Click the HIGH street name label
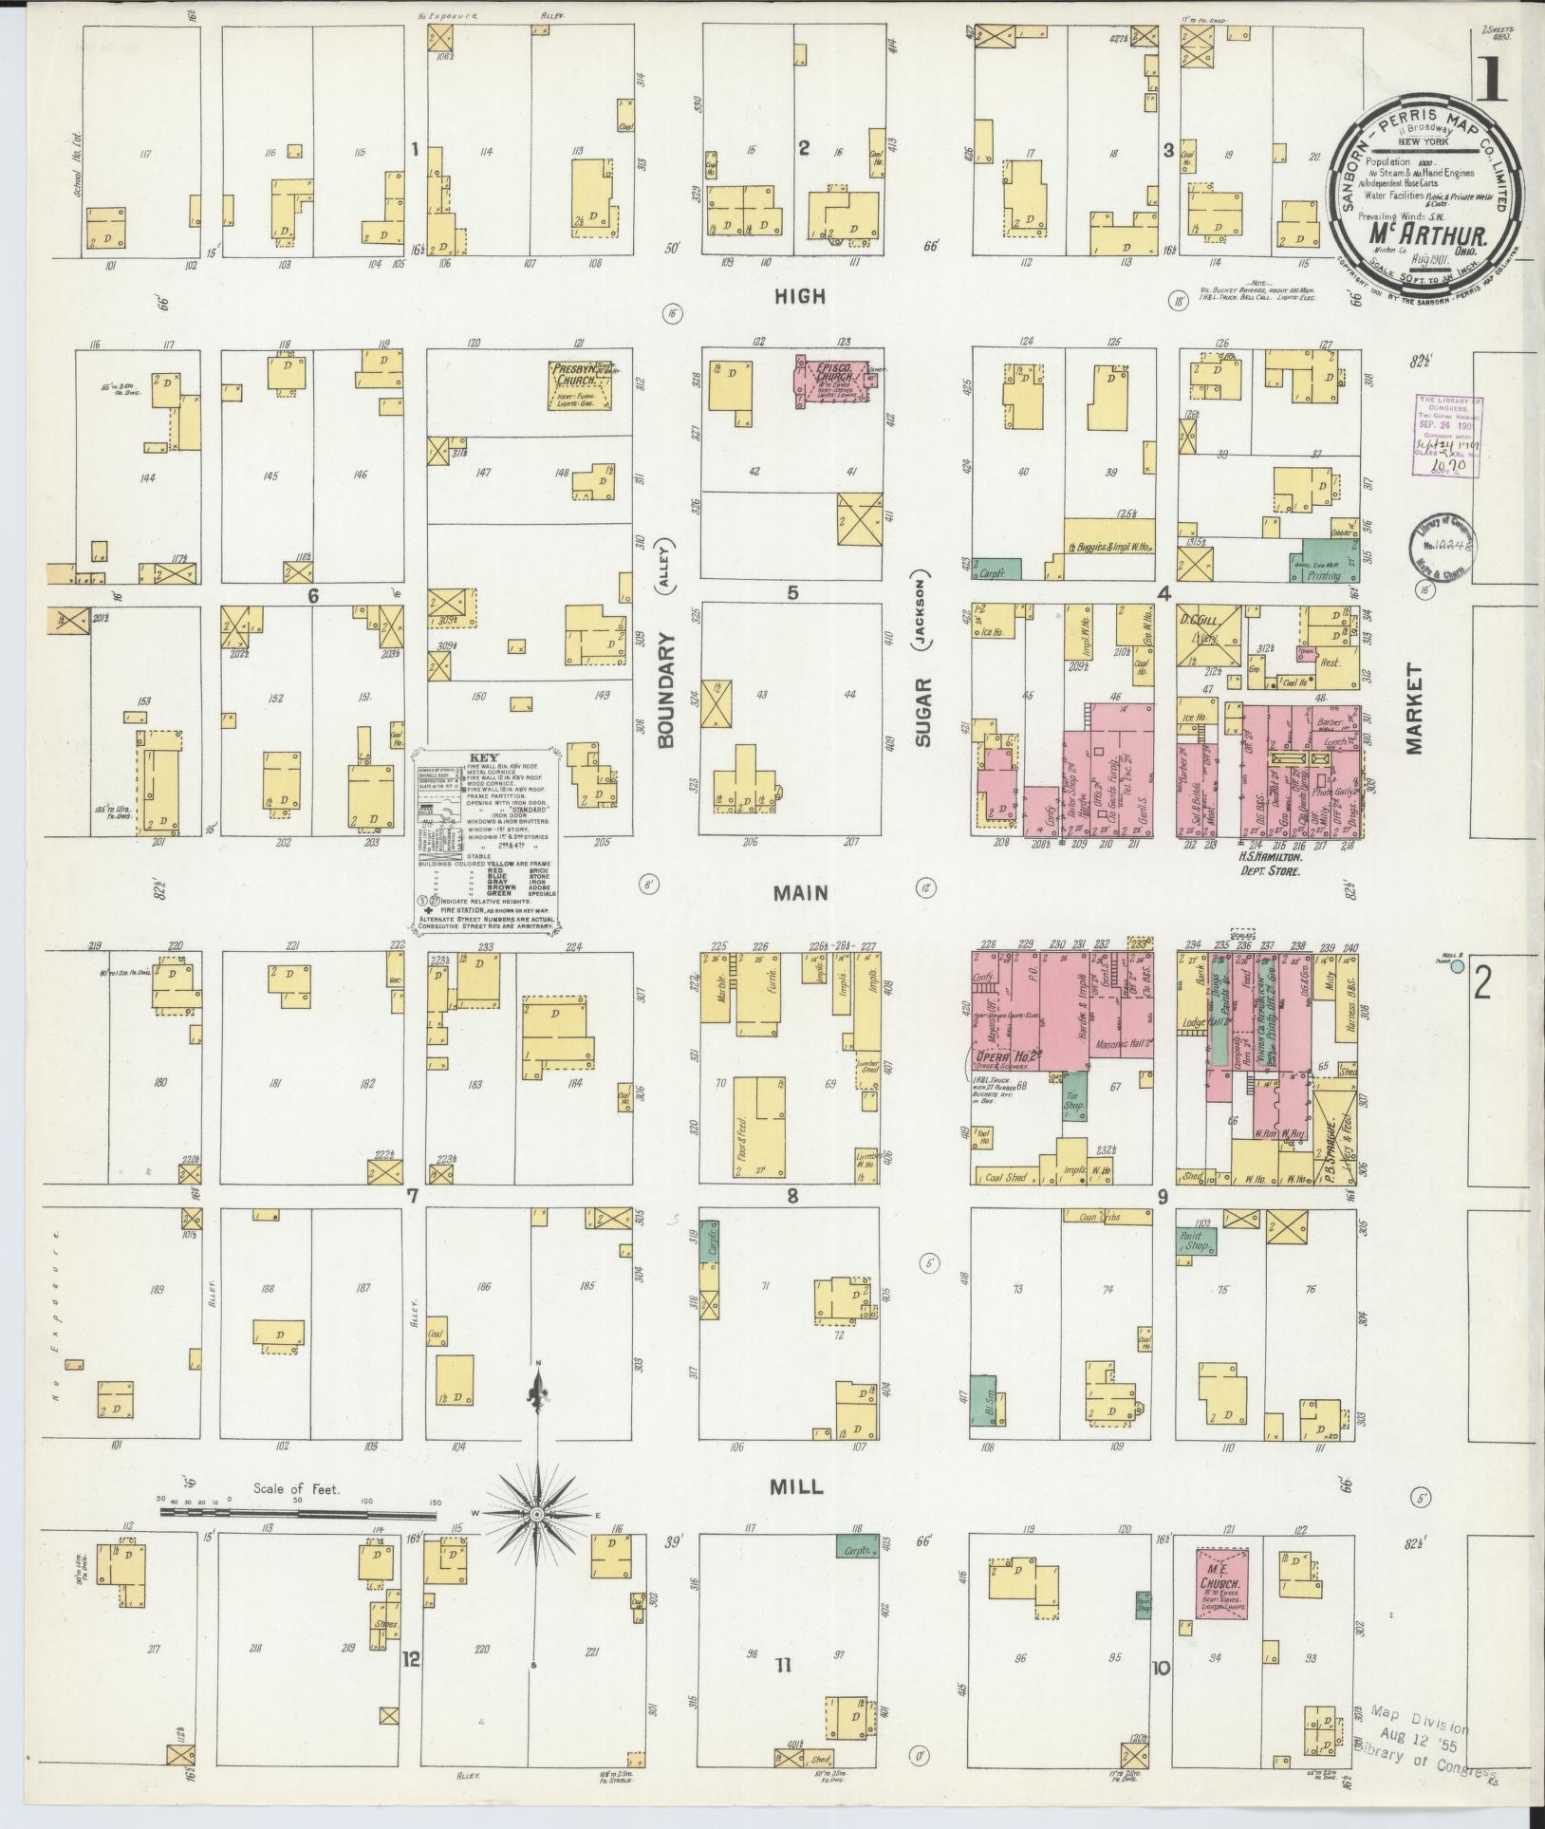pyautogui.click(x=800, y=296)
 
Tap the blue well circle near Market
pyautogui.click(x=1458, y=966)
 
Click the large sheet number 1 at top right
pyautogui.click(x=1489, y=80)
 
